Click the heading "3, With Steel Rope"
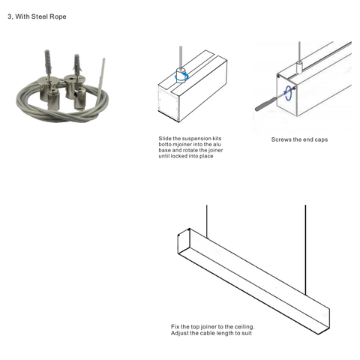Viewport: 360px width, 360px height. click(x=37, y=16)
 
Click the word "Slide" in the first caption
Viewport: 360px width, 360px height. click(x=165, y=139)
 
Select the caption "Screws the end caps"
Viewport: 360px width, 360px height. click(x=299, y=139)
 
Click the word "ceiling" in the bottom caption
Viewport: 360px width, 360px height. click(x=244, y=327)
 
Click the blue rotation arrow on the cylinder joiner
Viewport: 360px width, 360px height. click(x=181, y=77)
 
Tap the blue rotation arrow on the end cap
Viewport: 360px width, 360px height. click(x=289, y=94)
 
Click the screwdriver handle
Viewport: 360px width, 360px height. click(x=265, y=103)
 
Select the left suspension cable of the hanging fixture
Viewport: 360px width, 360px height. click(x=207, y=220)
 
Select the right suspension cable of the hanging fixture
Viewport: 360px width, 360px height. click(x=305, y=250)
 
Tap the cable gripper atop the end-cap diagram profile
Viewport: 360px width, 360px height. click(x=299, y=67)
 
